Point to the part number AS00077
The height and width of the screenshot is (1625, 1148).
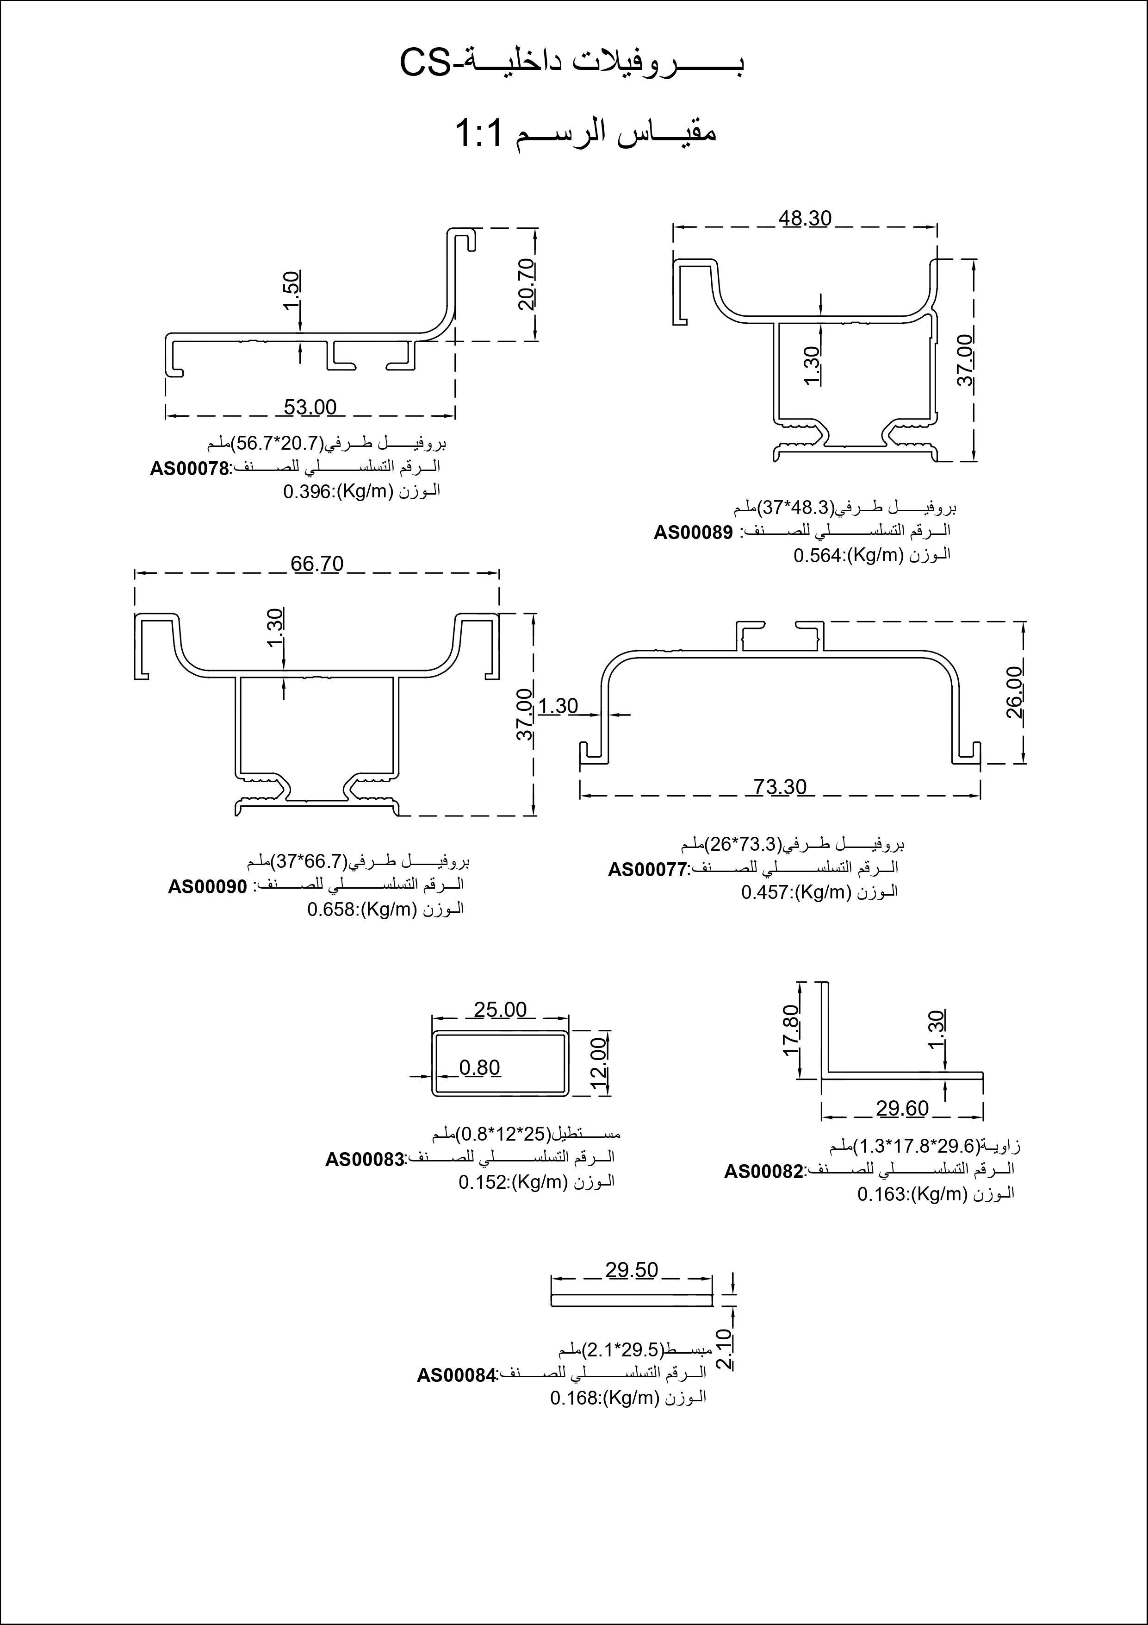click(x=647, y=869)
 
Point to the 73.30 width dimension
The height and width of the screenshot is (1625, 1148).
click(x=780, y=787)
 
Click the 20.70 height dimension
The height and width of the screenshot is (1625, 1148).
click(x=527, y=285)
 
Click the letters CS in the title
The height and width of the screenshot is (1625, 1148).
click(x=425, y=64)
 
